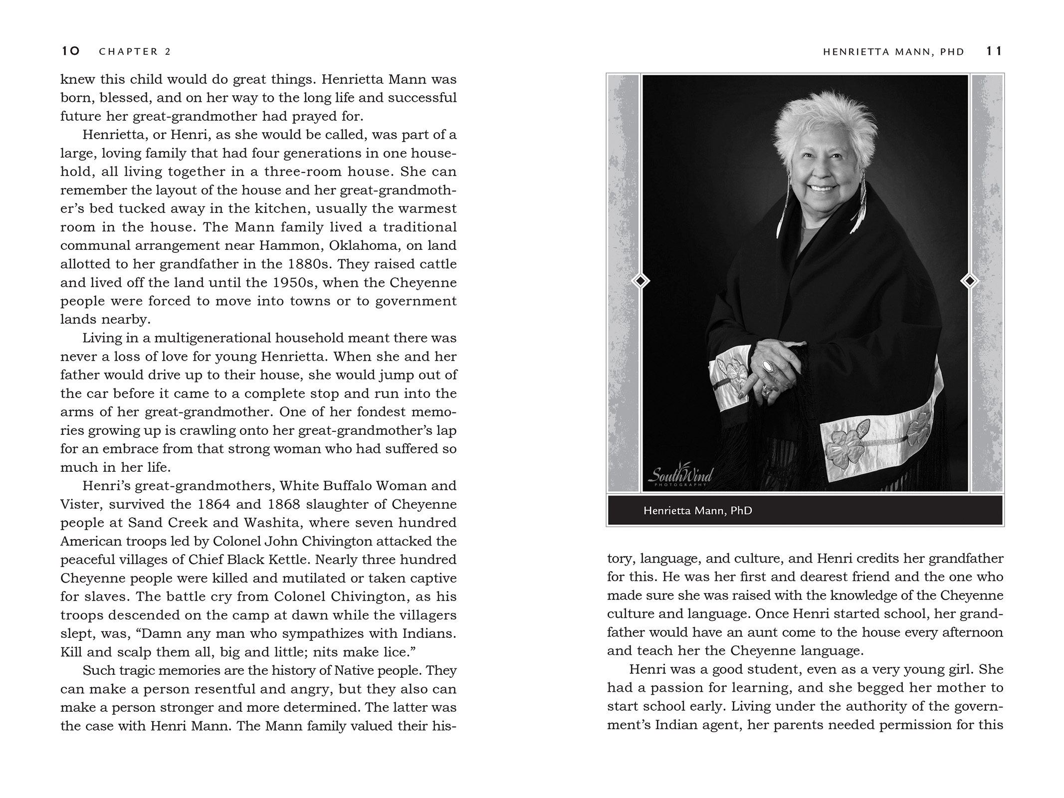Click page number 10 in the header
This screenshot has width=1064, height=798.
71,51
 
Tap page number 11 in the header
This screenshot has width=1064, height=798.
994,51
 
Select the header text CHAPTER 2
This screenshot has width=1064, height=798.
135,51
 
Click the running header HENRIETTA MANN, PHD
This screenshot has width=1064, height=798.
893,51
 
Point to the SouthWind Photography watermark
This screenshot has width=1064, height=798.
680,476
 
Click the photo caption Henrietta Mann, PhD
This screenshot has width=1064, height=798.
697,511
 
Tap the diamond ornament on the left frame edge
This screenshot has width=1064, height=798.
640,281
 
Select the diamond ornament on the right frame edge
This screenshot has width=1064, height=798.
970,281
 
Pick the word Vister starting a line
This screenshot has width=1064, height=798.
78,504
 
